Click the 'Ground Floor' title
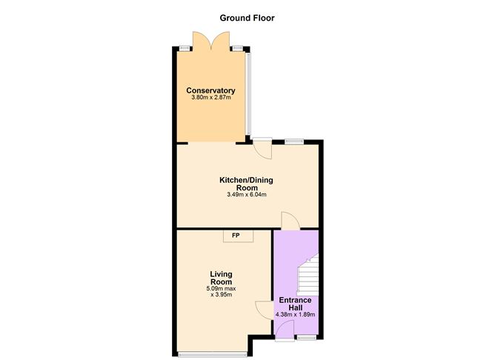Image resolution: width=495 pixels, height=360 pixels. coord(247,18)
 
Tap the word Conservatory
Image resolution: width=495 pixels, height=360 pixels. coord(210,91)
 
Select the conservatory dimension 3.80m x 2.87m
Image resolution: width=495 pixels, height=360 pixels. coord(210,99)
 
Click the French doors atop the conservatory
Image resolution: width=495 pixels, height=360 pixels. coord(210,41)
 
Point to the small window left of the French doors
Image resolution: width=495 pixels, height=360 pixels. coord(185,49)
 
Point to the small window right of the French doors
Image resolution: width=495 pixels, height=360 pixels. coord(236,49)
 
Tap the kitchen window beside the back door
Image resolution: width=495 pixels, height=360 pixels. coord(294,141)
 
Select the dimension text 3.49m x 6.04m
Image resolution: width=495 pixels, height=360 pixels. coord(247,195)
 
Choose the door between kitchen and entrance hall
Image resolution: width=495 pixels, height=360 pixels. coord(290,221)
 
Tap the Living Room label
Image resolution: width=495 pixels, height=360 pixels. coord(221,278)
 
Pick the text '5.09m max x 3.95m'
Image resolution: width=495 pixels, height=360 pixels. coord(221,291)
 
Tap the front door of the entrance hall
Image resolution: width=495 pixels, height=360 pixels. coord(285,333)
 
